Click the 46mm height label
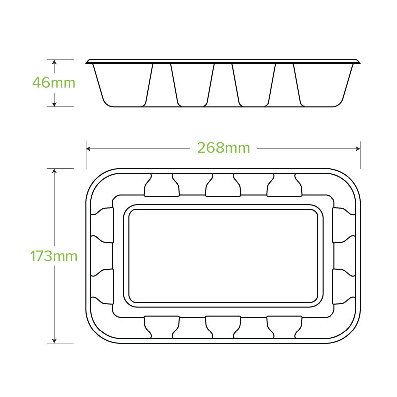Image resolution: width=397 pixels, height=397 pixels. pyautogui.click(x=54, y=82)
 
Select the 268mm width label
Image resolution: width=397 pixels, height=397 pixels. pyautogui.click(x=223, y=148)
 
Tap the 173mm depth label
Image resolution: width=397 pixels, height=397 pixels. pyautogui.click(x=54, y=256)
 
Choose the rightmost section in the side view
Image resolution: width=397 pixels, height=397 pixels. pyautogui.click(x=323, y=84)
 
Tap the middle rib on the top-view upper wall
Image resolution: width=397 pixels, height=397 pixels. pyautogui.click(x=223, y=185)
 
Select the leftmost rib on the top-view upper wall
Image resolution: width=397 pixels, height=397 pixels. pyautogui.click(x=161, y=185)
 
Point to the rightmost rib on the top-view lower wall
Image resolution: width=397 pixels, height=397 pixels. pyautogui.click(x=284, y=326)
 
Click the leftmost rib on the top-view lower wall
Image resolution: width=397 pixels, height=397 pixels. pyautogui.click(x=161, y=326)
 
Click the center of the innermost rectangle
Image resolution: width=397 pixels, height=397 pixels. pyautogui.click(x=223, y=255)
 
